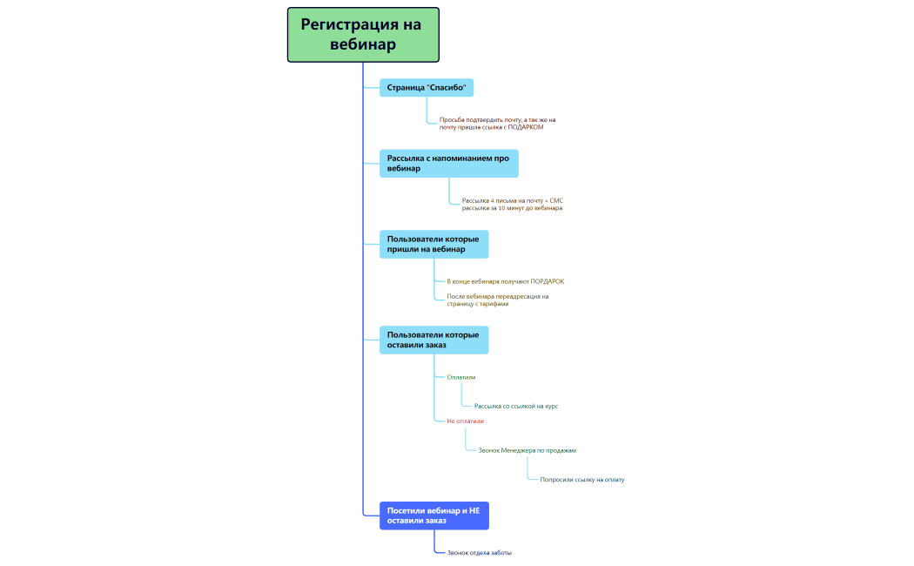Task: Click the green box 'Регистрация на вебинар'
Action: (363, 34)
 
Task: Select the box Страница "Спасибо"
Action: (427, 87)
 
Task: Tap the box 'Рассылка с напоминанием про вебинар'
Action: (449, 163)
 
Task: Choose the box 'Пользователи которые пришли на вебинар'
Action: (433, 244)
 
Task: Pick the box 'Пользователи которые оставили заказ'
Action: (433, 340)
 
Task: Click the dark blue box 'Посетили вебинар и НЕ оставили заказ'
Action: (434, 515)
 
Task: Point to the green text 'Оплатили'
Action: (461, 377)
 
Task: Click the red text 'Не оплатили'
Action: (465, 421)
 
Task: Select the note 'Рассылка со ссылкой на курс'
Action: (516, 407)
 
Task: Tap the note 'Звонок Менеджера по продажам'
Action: (527, 450)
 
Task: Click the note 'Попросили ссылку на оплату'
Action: (581, 480)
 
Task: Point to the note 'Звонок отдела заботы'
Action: (479, 553)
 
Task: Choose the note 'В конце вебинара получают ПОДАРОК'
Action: (506, 281)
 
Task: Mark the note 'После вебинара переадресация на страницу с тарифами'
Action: (498, 300)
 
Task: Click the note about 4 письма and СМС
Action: (513, 204)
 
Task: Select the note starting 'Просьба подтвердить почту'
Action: (497, 124)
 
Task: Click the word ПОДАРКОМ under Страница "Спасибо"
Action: (526, 127)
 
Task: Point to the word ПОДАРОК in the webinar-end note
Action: (548, 281)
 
